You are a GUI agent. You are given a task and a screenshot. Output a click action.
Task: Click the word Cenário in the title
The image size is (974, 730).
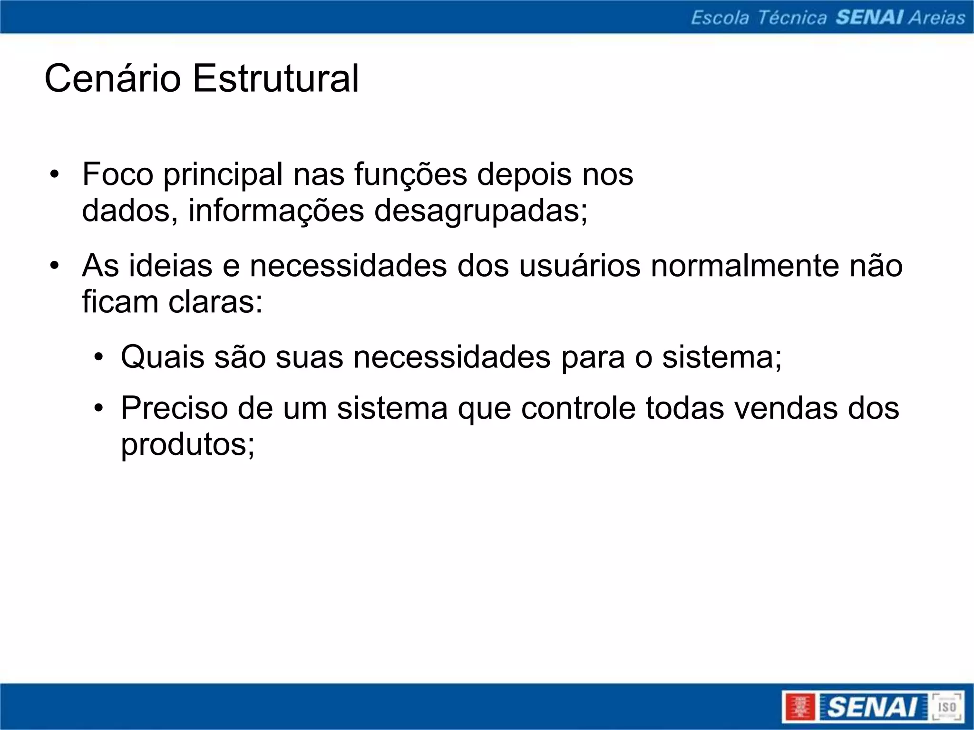pos(112,78)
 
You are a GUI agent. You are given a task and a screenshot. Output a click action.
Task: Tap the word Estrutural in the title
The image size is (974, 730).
pos(275,78)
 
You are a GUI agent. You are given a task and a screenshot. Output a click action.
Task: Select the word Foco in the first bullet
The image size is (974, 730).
pos(117,174)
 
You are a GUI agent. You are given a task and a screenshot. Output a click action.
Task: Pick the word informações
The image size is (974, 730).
pos(276,211)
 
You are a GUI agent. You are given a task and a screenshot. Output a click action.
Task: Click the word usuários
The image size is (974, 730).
pos(579,266)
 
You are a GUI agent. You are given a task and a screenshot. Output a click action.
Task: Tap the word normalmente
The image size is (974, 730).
pos(745,266)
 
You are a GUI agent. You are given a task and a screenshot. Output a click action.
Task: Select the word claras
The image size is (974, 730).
pos(215,302)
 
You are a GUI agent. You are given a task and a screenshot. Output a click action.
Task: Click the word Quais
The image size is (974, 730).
pos(162,357)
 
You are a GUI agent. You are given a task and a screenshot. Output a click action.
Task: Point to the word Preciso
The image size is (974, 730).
pos(174,408)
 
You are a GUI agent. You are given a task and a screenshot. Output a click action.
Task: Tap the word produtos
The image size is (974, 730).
pos(187,445)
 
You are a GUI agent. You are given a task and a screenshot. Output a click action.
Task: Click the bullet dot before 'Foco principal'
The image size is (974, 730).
pos(55,175)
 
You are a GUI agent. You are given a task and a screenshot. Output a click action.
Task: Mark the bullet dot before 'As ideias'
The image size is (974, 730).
pos(55,266)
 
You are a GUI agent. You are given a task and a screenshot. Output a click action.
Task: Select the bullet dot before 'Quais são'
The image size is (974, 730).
pos(98,357)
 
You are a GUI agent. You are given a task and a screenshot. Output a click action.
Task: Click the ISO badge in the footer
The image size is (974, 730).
pos(946,707)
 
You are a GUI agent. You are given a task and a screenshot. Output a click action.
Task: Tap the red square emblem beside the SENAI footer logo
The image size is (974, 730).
pos(799,707)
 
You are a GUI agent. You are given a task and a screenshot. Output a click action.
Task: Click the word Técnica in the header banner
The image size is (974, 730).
pos(792,18)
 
